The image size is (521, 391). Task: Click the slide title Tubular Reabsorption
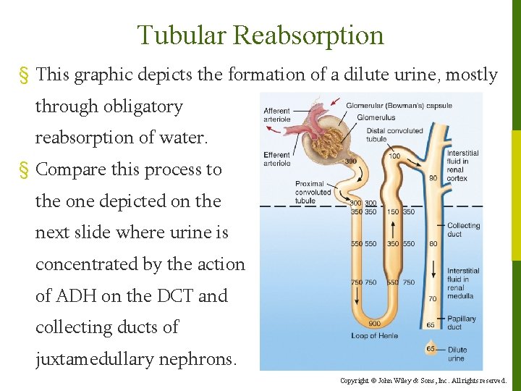(260, 35)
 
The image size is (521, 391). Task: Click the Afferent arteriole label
(277, 115)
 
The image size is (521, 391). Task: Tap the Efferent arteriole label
(276, 159)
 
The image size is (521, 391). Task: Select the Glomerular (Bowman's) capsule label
(399, 106)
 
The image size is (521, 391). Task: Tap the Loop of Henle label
(374, 336)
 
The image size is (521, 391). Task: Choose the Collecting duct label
(463, 230)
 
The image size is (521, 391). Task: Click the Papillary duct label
(461, 323)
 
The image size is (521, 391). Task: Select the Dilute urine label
(457, 354)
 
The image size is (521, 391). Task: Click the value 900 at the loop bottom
(374, 324)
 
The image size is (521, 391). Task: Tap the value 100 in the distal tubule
(394, 156)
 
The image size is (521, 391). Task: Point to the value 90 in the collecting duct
(433, 178)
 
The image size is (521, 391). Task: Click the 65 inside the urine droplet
(431, 349)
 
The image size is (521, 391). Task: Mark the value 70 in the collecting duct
(433, 298)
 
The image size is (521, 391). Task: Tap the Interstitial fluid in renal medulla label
(462, 283)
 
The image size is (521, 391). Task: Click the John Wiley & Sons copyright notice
(423, 380)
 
